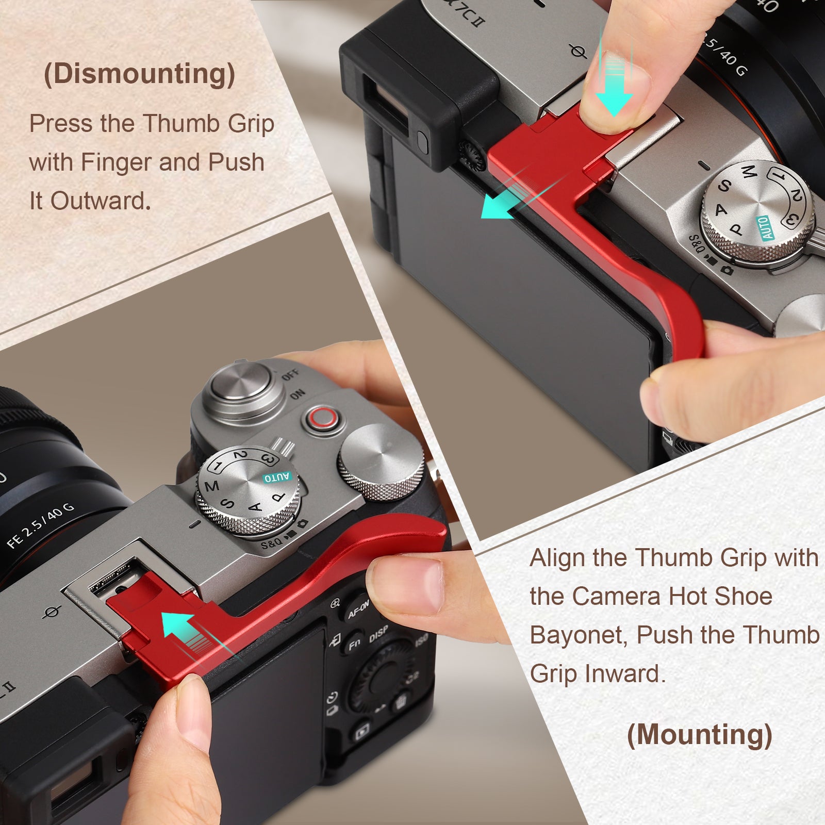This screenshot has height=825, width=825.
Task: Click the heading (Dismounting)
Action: point(139,74)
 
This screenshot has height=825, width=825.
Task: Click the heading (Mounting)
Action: point(699,734)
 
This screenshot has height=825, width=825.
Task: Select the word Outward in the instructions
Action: point(97,201)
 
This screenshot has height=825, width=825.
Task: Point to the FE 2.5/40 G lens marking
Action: point(40,525)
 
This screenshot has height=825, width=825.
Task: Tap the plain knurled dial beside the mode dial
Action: point(381,461)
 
